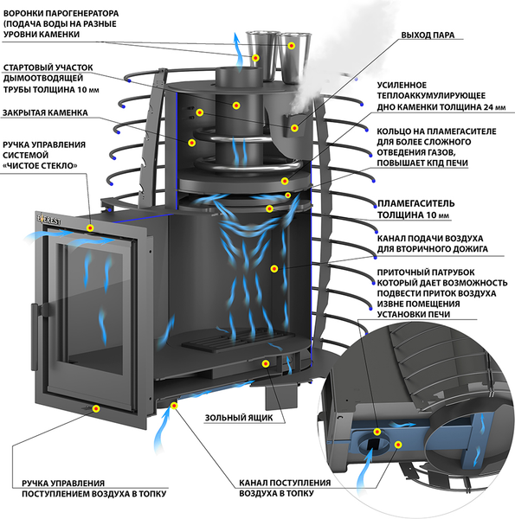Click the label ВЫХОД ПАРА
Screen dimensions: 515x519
tap(428, 35)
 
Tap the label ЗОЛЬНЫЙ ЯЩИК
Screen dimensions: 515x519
tap(239, 418)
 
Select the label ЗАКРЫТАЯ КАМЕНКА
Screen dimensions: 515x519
tap(45, 112)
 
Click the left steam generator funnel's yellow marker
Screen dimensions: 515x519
tap(255, 58)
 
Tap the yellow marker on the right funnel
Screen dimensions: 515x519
tap(292, 46)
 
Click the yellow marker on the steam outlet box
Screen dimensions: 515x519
tap(294, 128)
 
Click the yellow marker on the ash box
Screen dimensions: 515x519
tap(265, 364)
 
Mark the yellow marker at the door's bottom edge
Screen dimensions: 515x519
tap(96, 409)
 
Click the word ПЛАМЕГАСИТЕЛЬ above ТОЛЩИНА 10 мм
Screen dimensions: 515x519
tap(416, 203)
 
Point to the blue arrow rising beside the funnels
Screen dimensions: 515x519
tap(237, 51)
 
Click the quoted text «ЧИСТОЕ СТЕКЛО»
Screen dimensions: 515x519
tap(40, 165)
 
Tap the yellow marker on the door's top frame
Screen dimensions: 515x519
tap(90, 227)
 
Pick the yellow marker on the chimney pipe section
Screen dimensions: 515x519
tap(236, 106)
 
